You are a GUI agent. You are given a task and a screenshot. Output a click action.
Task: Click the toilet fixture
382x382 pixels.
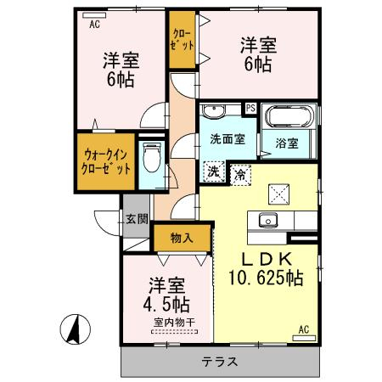[x=152, y=157]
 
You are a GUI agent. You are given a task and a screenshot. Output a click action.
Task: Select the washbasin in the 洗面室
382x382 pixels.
[x=214, y=111]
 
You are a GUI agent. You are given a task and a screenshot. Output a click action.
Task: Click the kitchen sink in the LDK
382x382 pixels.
[x=267, y=220]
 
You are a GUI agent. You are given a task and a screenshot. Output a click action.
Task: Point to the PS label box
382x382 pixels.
[x=250, y=108]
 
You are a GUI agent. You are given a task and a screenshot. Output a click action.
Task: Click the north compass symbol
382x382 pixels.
[x=76, y=329]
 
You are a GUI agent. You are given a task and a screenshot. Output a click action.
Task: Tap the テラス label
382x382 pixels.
[x=220, y=362]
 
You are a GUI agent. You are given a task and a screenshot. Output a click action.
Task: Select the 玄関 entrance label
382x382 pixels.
[x=137, y=219]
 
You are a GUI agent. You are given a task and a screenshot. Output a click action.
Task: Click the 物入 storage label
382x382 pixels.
[x=182, y=238]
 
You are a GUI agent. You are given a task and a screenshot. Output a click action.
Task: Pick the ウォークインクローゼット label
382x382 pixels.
[x=106, y=162]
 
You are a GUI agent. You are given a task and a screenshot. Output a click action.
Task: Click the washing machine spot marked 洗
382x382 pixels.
[x=214, y=171]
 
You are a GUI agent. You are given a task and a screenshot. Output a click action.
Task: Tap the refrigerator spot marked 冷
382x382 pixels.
[x=240, y=175]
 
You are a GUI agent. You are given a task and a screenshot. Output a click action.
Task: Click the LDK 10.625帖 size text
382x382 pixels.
[x=266, y=278]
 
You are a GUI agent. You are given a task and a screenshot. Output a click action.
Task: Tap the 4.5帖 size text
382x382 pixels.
[x=166, y=304]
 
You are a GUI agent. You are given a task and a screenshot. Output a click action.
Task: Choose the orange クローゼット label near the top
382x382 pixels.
[x=183, y=40]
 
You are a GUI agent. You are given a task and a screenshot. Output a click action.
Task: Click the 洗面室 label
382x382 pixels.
[x=228, y=139]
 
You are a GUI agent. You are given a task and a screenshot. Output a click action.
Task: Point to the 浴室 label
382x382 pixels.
[x=287, y=143]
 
